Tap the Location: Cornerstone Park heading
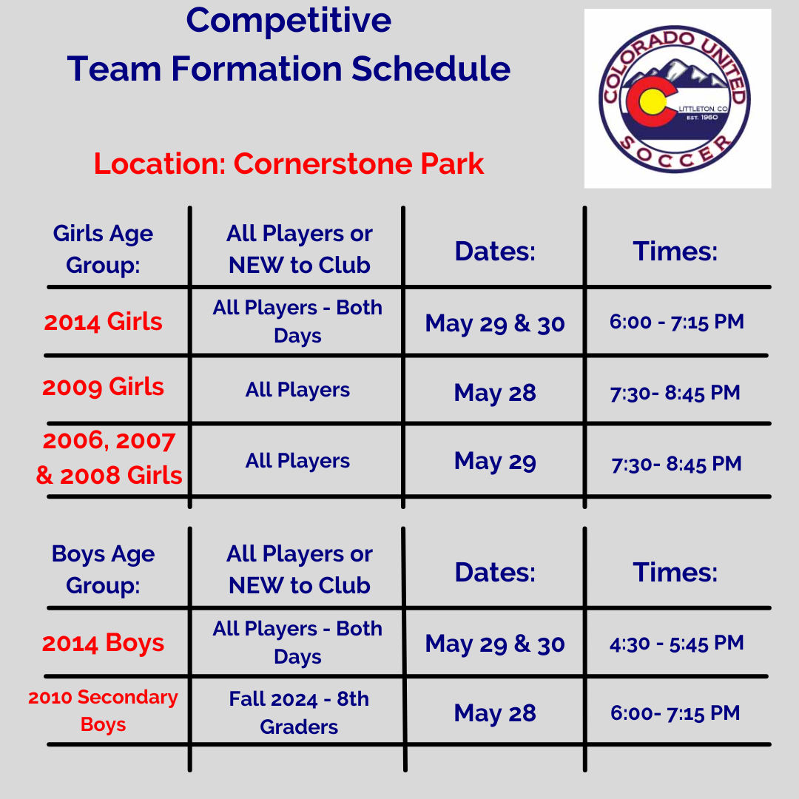(289, 163)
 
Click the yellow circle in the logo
(652, 101)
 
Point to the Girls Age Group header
(103, 249)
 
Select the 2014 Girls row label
(103, 322)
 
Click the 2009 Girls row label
(103, 387)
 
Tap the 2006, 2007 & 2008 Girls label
(109, 458)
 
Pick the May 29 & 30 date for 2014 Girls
(495, 323)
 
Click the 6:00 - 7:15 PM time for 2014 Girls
(677, 322)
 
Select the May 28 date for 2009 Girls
(495, 393)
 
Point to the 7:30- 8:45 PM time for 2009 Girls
(675, 393)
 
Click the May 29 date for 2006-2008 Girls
(495, 461)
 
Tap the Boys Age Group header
(103, 570)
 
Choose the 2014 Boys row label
(103, 643)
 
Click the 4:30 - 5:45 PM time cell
(677, 643)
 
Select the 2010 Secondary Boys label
(103, 710)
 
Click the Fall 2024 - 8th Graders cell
(299, 713)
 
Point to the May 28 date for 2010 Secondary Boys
(495, 713)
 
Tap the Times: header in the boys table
(675, 572)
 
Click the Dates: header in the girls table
(495, 252)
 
